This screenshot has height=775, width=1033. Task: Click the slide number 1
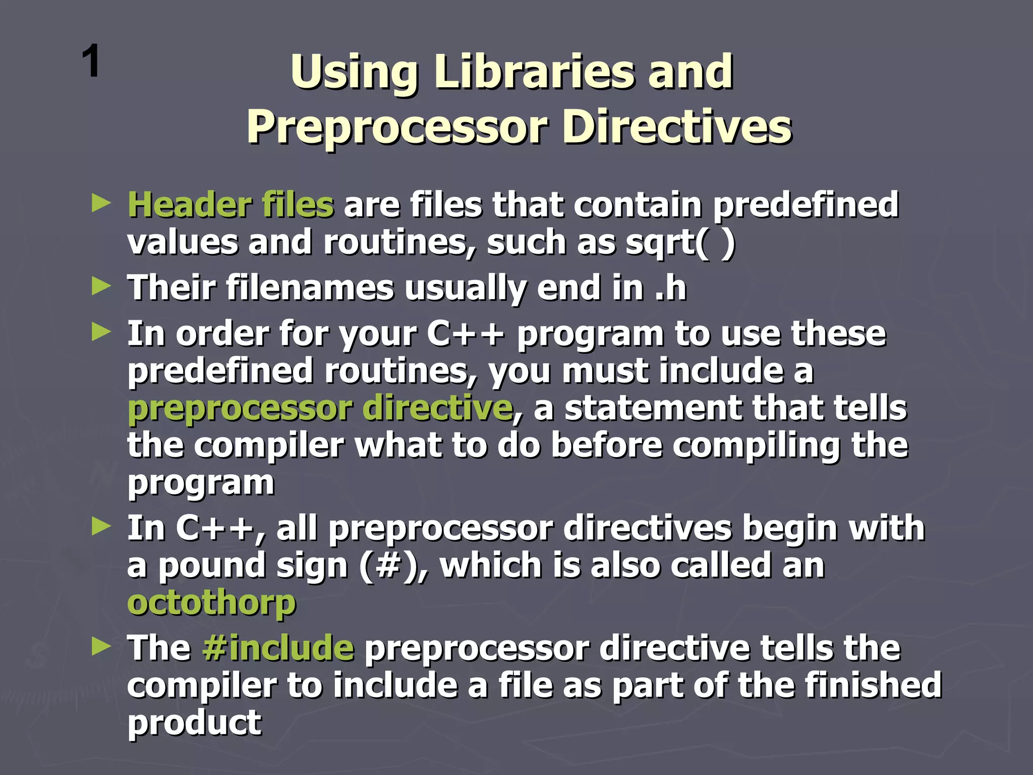pos(91,62)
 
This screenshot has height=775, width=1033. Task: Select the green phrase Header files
pos(231,205)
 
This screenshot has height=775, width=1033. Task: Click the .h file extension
pos(671,288)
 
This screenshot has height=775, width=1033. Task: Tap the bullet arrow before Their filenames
pos(101,287)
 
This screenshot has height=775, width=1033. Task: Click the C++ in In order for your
pos(465,335)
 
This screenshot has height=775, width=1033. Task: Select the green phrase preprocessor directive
pos(320,408)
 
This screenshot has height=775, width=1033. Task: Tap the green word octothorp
pos(211,603)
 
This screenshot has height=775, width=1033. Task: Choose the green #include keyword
pos(278,648)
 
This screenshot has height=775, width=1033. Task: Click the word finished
pos(873,685)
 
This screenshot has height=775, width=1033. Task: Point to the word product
pos(194,723)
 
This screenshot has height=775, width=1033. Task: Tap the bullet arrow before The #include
pos(101,647)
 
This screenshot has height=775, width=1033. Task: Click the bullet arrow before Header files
pos(101,204)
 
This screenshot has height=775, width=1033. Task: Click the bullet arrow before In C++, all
pos(101,527)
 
